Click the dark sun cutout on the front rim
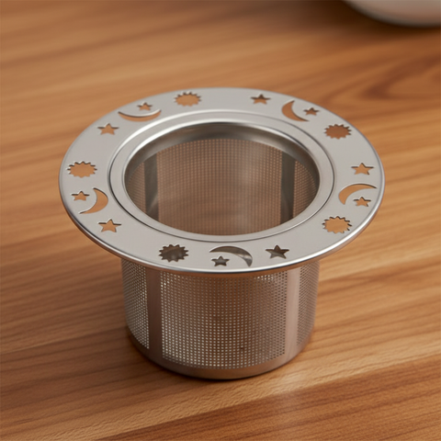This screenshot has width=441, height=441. coord(173,253)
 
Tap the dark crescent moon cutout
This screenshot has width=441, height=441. coord(233,253)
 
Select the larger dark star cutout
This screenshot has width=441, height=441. coord(277,251)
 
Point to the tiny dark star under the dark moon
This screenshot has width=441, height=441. coord(220,261)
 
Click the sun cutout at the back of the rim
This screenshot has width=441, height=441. coord(188,98)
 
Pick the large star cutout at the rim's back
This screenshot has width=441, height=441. coord(261,98)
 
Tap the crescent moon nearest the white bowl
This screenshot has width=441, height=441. coord(293,111)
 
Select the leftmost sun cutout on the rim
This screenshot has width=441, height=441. coord(83,169)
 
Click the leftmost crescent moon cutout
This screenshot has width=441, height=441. coord(97,201)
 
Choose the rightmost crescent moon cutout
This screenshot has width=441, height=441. coord(355,191)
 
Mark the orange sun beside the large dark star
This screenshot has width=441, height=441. coord(336,224)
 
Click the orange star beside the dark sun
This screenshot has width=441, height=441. coord(110,225)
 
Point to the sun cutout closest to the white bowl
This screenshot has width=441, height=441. coord(337,131)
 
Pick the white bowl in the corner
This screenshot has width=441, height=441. coord(395,9)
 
